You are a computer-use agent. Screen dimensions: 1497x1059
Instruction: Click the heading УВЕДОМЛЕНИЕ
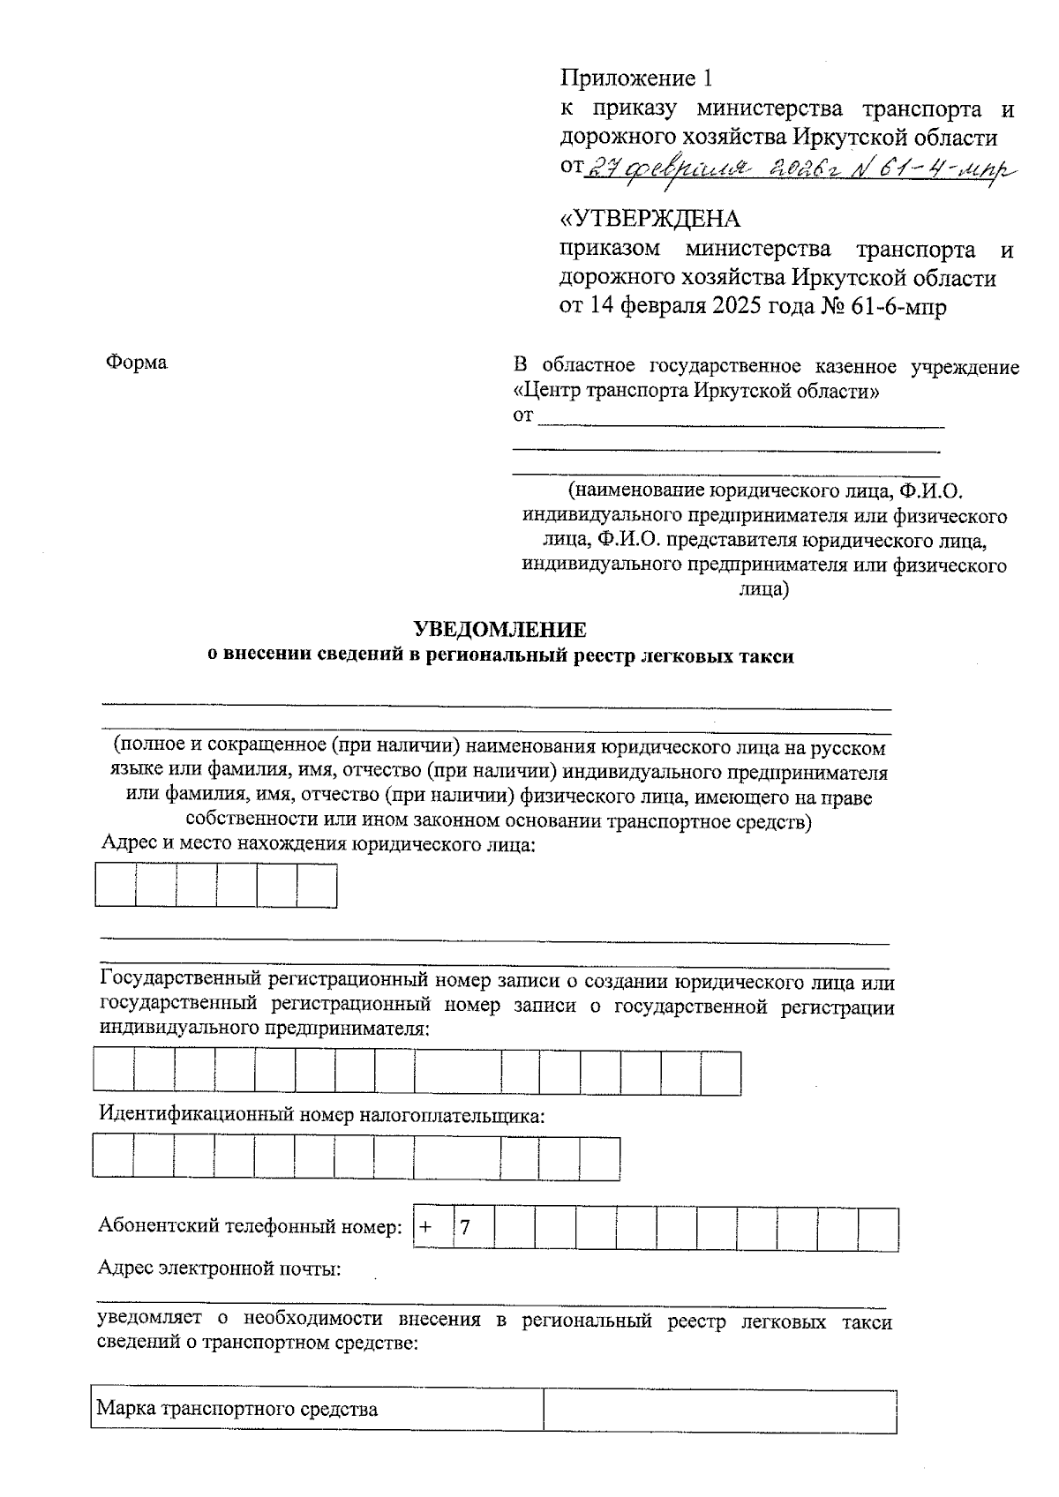tap(499, 630)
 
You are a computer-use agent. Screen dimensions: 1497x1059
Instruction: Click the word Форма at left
tap(136, 363)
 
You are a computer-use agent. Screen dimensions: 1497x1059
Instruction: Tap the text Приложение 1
tap(635, 79)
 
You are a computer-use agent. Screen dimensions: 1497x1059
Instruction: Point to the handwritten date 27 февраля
tap(670, 168)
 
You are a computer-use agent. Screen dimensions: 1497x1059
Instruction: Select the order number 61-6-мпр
tap(897, 306)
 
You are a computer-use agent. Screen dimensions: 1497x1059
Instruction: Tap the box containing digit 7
tap(473, 1229)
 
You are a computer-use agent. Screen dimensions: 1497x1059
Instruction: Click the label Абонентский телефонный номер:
tap(250, 1226)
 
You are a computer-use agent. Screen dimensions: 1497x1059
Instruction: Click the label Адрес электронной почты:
tap(220, 1269)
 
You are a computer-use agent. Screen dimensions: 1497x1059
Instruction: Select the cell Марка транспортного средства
tap(316, 1409)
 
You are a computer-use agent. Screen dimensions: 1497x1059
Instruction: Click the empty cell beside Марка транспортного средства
tap(719, 1409)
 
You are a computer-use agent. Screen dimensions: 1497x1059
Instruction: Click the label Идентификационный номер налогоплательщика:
tap(321, 1115)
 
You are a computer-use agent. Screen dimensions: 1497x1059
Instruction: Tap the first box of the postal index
tap(116, 885)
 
